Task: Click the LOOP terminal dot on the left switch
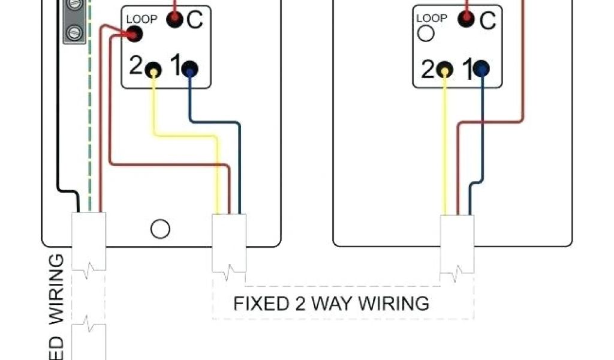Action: pos(135,35)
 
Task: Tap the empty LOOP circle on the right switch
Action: pos(425,33)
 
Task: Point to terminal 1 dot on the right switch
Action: pos(481,70)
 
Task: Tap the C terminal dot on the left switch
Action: pos(174,20)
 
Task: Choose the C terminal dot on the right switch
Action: pos(466,20)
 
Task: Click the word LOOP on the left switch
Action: pos(142,19)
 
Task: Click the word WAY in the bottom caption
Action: pos(332,303)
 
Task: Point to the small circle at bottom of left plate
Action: pos(160,229)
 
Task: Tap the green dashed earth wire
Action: pos(90,120)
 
